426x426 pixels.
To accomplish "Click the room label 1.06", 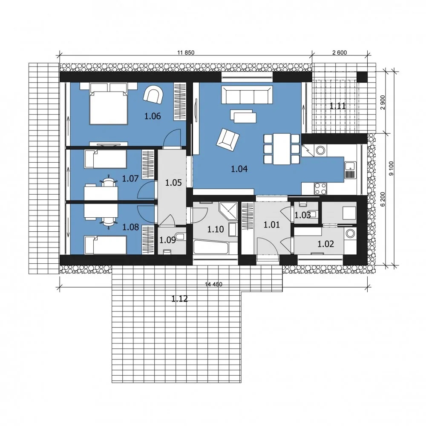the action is (x=153, y=116).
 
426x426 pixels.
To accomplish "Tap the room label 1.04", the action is (x=239, y=169).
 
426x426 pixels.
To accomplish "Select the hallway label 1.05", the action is (x=173, y=183).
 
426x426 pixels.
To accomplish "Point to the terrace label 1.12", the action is (x=180, y=299).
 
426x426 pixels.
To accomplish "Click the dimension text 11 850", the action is (x=186, y=53).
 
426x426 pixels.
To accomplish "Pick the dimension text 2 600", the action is (x=340, y=53).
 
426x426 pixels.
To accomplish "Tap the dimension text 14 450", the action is (x=213, y=285).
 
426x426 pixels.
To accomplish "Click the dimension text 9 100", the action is (x=391, y=168).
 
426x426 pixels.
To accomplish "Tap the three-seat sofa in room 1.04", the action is (x=247, y=95).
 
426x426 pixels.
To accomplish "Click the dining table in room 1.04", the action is (x=282, y=149).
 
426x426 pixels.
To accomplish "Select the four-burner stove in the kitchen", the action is (x=321, y=189).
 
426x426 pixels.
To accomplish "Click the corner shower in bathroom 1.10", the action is (x=228, y=210).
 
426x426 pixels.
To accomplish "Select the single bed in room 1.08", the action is (x=105, y=245).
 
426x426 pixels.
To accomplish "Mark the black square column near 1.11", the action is (x=362, y=77).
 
